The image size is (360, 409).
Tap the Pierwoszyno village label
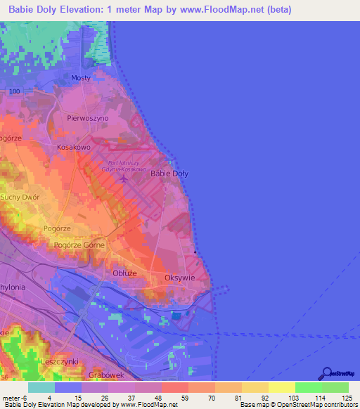[x=88, y=119]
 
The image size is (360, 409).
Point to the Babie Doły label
[x=170, y=173]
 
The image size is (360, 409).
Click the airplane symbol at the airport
[x=124, y=177]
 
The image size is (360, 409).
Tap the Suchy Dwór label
[x=20, y=197]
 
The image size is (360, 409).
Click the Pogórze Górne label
[x=79, y=245]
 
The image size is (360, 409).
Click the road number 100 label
[x=15, y=92]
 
